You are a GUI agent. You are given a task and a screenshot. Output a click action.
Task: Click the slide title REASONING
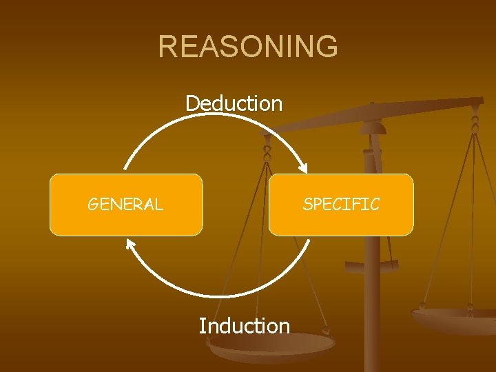[248, 47]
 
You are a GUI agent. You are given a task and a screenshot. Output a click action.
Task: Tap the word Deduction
[234, 103]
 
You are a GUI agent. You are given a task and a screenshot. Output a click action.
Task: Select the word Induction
[245, 325]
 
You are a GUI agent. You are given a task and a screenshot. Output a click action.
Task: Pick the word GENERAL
[125, 204]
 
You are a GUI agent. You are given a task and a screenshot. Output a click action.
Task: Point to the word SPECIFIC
[341, 204]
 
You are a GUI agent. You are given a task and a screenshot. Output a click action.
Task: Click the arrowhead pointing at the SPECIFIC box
[302, 167]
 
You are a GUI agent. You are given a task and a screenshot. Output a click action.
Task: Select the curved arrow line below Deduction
[214, 118]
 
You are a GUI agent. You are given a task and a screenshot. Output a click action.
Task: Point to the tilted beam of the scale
[386, 114]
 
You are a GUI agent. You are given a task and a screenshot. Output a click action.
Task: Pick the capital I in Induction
[202, 325]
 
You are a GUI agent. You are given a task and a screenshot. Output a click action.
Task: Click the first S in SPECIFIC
[307, 204]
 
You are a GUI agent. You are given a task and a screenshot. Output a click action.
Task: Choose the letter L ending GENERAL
[158, 204]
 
